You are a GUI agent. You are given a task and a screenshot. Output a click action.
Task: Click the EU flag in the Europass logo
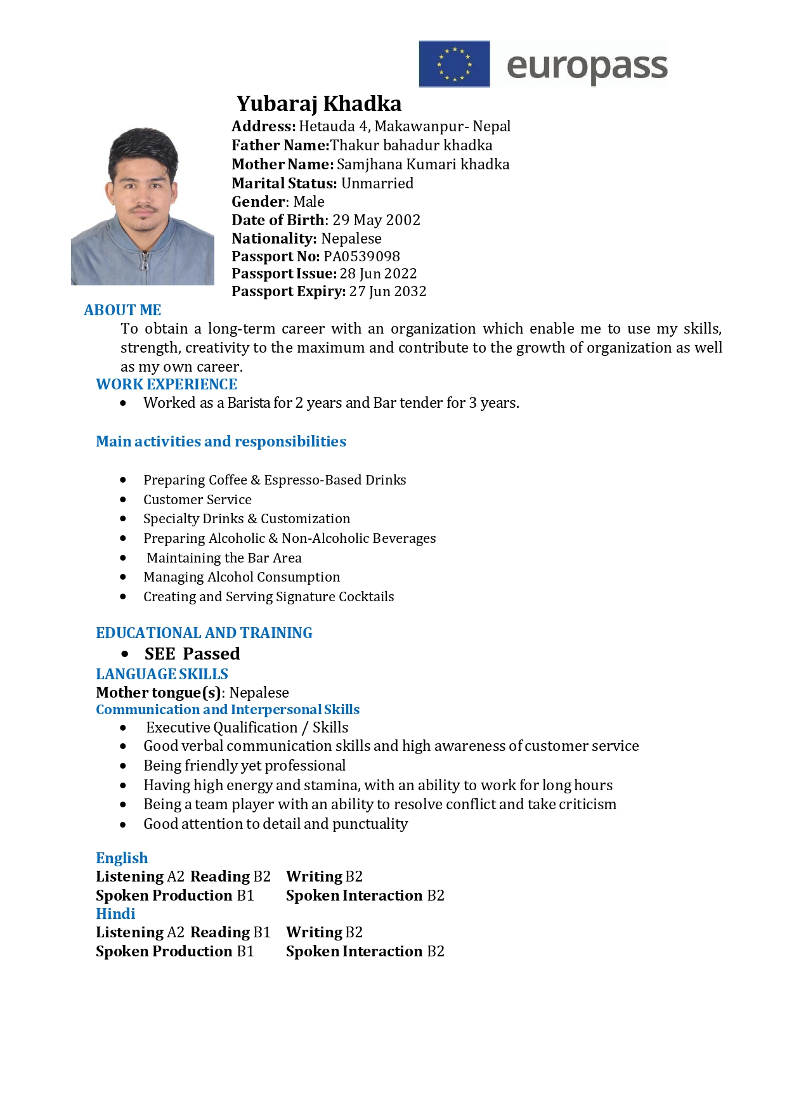click(454, 64)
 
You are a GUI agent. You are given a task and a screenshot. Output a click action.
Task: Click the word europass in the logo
click(587, 66)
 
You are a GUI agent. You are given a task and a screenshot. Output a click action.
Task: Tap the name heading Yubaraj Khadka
click(319, 103)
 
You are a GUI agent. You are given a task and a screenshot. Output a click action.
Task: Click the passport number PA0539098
click(361, 256)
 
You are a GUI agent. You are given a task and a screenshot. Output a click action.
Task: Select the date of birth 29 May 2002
click(376, 220)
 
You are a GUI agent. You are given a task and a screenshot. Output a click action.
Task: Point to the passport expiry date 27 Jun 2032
click(387, 291)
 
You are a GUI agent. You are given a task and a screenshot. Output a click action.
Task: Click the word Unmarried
click(377, 183)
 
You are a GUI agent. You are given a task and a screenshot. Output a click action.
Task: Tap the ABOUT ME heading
click(122, 310)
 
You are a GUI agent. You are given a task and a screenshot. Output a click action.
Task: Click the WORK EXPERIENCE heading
click(166, 384)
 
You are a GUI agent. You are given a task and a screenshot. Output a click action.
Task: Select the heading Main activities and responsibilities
click(221, 441)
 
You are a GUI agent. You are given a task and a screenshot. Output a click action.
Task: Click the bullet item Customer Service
click(197, 500)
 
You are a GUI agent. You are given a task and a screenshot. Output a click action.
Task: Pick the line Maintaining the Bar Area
click(224, 558)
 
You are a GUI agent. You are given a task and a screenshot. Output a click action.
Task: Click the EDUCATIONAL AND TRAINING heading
click(204, 633)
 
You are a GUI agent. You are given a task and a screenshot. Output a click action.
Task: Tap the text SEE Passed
click(192, 654)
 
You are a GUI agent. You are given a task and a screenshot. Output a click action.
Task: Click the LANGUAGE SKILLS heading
click(162, 674)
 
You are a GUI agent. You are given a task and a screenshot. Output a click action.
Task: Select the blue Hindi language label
click(115, 914)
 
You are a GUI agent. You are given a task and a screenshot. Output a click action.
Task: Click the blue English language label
click(122, 858)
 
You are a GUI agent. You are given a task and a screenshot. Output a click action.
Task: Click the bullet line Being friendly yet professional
click(244, 765)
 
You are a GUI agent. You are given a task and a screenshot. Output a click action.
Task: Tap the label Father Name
click(280, 145)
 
